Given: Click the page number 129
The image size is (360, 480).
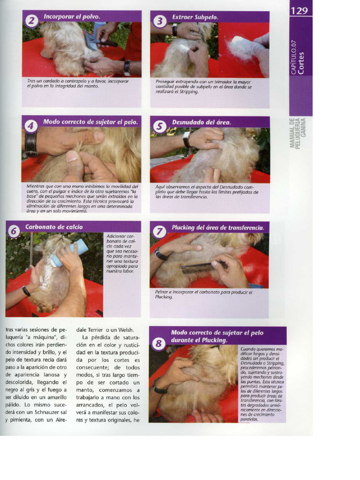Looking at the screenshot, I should click(300, 10).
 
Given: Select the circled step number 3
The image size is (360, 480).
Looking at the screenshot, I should click(160, 21).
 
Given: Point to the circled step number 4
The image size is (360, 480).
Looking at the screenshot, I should click(31, 126).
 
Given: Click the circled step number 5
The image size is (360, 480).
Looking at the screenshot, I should click(159, 126).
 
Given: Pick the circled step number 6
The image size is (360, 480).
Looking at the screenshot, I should click(14, 231).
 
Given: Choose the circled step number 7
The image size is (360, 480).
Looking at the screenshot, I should click(159, 231).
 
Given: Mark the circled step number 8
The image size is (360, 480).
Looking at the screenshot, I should click(158, 344).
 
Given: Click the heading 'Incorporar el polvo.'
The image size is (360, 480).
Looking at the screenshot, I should click(72, 16).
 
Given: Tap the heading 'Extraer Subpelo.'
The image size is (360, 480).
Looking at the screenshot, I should click(195, 17).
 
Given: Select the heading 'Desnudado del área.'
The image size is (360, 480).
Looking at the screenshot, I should click(202, 122).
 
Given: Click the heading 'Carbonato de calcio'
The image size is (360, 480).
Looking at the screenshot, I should click(54, 227).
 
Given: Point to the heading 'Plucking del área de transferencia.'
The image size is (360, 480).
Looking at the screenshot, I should click(217, 228).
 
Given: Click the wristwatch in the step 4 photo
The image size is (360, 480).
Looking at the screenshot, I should click(31, 144).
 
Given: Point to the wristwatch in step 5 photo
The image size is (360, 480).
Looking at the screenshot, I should click(186, 139).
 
